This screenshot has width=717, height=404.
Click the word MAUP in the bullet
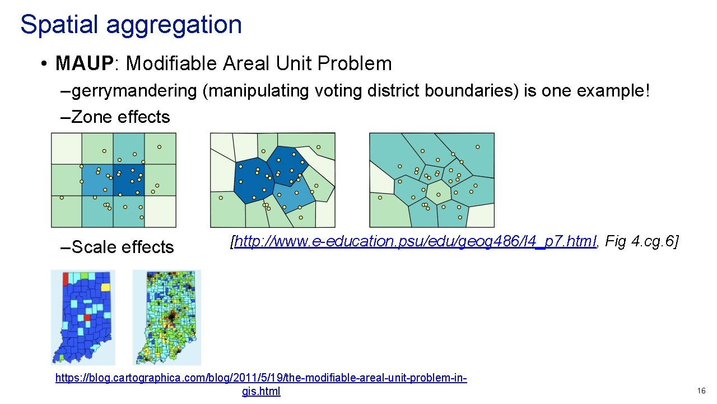[84, 63]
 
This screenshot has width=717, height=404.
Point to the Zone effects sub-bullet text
[120, 117]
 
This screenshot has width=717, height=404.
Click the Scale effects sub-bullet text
[123, 247]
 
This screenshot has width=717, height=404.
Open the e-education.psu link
[415, 242]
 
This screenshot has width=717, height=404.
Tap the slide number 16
[701, 391]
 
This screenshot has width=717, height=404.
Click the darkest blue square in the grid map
[129, 180]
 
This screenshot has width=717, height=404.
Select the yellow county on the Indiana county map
[105, 287]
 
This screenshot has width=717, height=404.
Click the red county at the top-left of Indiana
[65, 278]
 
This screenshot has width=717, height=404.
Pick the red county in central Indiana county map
[87, 318]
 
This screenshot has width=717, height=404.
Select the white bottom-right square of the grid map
[160, 212]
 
